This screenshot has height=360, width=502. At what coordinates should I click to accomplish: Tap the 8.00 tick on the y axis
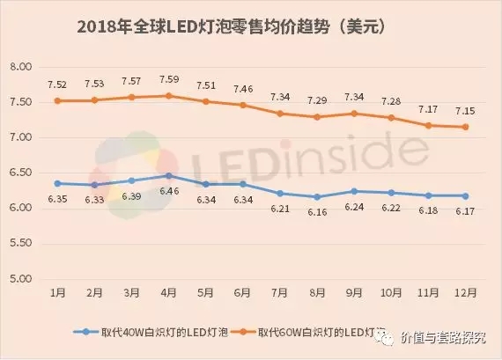click(x=19, y=67)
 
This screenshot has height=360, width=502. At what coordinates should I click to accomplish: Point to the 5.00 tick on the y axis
click(x=19, y=279)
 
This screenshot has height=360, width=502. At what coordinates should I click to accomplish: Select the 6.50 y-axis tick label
click(x=19, y=173)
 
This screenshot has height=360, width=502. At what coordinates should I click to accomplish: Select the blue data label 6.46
click(x=168, y=191)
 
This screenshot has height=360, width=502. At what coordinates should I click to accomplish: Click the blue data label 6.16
click(x=314, y=212)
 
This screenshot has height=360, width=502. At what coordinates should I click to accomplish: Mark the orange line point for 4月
click(x=167, y=96)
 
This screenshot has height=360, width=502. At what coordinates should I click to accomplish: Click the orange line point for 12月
click(x=459, y=127)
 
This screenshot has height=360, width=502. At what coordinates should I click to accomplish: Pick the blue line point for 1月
click(x=58, y=183)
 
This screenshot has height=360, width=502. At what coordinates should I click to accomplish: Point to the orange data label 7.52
click(x=59, y=84)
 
